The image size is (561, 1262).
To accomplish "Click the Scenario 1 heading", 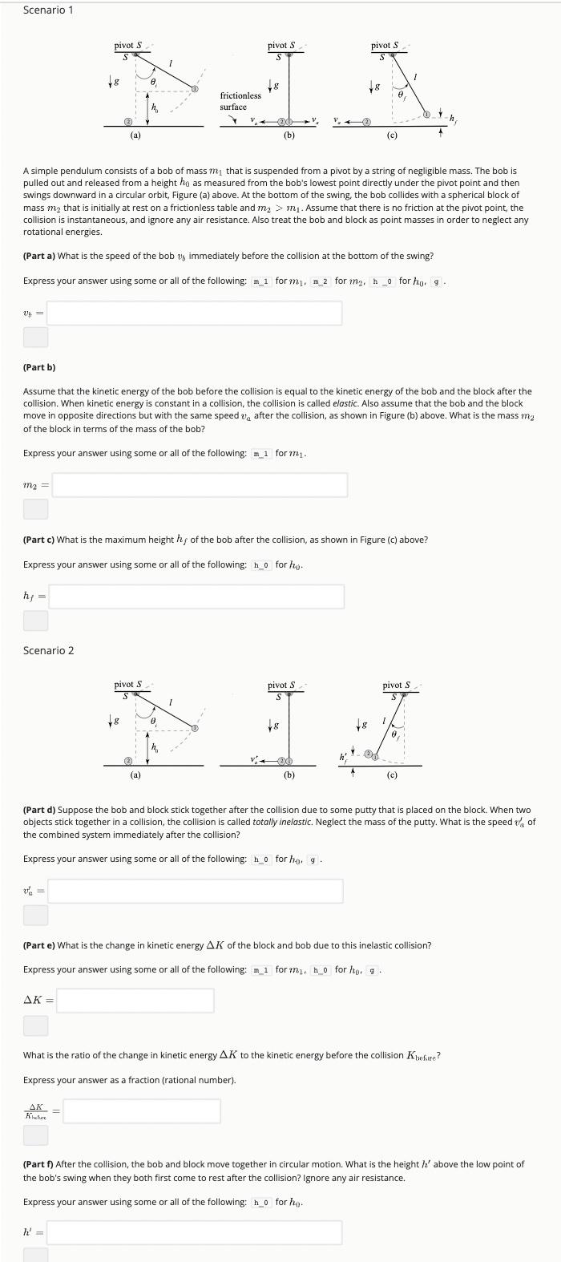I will click(48, 10).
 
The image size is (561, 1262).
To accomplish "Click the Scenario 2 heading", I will click(48, 650).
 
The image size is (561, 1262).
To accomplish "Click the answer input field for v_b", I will click(194, 313).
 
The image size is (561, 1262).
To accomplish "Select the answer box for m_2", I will click(200, 484).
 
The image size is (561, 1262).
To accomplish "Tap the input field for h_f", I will click(196, 597).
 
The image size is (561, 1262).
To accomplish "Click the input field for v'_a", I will click(195, 891).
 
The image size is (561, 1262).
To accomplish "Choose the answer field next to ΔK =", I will click(135, 1000).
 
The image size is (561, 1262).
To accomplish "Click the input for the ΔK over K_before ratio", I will click(141, 1110).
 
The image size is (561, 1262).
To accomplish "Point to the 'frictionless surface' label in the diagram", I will click(240, 101).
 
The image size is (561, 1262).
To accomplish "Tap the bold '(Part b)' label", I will click(39, 367).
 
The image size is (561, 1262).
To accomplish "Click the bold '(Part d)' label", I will click(39, 811).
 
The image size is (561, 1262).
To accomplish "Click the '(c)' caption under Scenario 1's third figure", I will click(392, 136).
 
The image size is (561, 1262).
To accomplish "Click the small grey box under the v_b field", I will click(35, 338).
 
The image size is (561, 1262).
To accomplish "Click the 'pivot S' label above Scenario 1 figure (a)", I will click(127, 46).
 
